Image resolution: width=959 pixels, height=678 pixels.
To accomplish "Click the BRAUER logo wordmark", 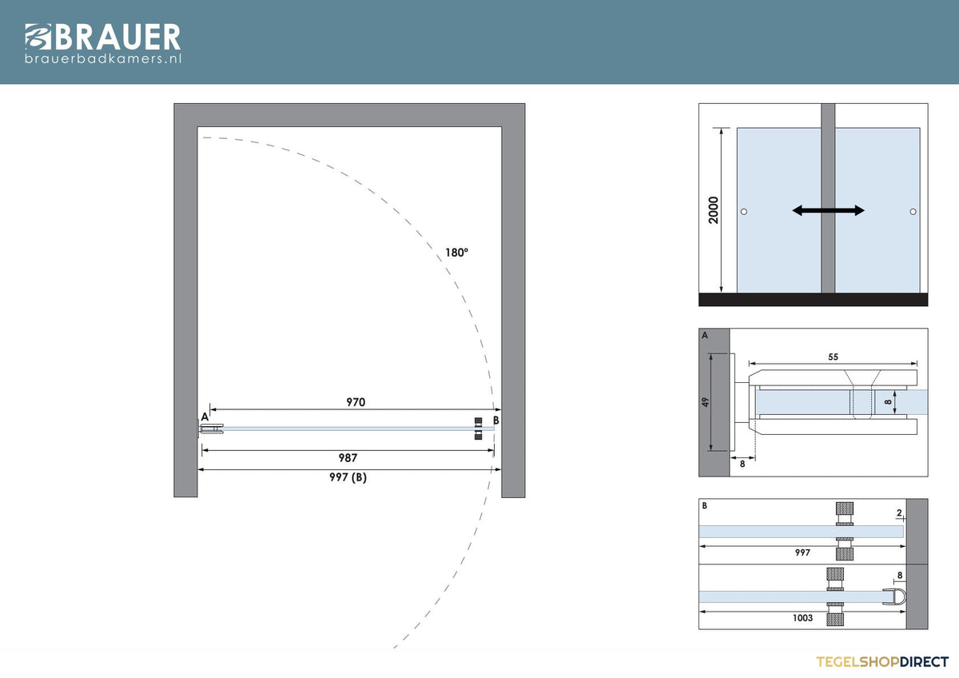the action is coord(103,37).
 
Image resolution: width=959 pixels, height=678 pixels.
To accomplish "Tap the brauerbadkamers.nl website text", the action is coord(103,58).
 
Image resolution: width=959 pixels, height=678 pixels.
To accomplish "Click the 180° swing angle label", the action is coord(456,253).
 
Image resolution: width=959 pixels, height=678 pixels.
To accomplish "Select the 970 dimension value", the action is coord(356,402).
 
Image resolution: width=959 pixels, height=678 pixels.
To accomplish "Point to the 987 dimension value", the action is coord(348,458).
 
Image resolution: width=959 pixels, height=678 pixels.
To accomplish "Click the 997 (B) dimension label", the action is coord(348,477).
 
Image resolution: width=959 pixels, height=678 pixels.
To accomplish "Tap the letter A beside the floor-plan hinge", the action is coord(205,417).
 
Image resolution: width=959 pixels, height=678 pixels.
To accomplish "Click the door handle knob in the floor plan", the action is coord(478,429).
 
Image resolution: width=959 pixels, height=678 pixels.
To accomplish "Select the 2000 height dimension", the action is coord(713,210).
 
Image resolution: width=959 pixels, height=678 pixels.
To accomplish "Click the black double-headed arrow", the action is coord(829,210).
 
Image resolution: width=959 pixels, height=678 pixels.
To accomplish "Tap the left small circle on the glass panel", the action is coord(744,212).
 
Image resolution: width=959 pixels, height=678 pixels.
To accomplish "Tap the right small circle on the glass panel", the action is coord(913,212).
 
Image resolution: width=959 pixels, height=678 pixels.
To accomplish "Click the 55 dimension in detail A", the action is coord(833,357).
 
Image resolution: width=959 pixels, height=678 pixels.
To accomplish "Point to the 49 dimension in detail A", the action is coord(705,402).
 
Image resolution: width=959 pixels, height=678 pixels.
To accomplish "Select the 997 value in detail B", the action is coord(802,552).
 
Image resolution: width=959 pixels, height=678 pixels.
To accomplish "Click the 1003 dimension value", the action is coord(802,617).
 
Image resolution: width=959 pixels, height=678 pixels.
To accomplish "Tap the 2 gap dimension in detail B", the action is coord(899,512).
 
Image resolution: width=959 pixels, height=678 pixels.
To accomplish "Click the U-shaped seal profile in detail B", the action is coord(894,596).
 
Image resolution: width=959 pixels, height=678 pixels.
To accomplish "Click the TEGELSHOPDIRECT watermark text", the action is coord(882,662).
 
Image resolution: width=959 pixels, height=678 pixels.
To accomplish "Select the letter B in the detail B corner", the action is coord(705,506).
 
